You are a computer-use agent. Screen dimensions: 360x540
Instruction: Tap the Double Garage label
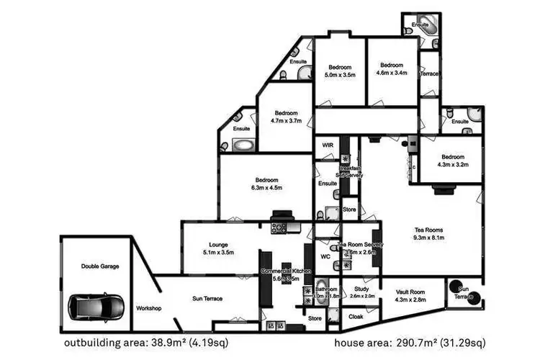[99, 266]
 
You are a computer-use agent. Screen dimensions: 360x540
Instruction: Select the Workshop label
[148, 308]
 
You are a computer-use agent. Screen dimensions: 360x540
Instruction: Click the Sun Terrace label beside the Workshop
[207, 298]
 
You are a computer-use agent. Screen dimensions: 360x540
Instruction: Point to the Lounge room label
[218, 245]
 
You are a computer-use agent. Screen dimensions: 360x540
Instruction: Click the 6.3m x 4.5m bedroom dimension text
[266, 188]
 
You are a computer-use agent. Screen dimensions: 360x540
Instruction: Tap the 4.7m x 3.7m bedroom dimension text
[286, 121]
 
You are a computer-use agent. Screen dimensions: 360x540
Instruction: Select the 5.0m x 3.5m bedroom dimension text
[340, 74]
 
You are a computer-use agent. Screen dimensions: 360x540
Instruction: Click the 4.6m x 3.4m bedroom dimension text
[392, 72]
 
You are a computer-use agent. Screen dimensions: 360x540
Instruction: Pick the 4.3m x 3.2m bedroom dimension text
[454, 164]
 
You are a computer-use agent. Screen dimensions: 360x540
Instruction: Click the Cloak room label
[356, 317]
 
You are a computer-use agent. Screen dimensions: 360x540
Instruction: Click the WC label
[325, 256]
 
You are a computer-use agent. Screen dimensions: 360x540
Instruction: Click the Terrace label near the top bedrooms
[430, 74]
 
